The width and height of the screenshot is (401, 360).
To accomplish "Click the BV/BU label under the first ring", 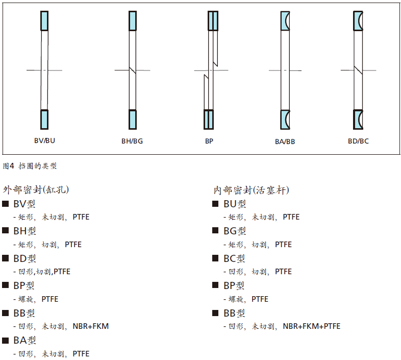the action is pos(45,140).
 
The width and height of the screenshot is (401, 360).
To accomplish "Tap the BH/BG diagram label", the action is pos(132,141).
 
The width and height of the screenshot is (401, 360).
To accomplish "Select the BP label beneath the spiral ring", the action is pos(209,141).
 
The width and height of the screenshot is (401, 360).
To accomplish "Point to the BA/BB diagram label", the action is pos(285,141).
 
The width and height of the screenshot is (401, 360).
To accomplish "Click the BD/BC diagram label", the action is pos(358,141).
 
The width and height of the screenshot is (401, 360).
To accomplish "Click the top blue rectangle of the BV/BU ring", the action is pos(44,21).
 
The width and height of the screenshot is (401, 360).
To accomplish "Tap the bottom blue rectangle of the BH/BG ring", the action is pos(133,119).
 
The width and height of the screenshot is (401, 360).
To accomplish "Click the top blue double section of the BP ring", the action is pos(213,21).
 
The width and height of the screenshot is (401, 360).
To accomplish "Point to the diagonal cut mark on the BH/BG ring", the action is pos(133,70).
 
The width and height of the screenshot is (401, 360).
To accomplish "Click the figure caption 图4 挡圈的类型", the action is pos(30,166).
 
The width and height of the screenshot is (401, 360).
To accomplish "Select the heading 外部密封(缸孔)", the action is pos(36,190).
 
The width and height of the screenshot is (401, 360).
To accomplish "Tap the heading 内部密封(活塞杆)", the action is pos(252,190).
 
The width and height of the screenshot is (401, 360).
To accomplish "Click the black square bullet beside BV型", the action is pos(6,204).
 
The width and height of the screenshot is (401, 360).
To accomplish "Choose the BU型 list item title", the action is pos(235,204).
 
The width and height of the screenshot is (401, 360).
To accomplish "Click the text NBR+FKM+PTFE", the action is pos(312,326).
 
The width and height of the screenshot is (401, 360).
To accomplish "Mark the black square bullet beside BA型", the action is pos(6,340).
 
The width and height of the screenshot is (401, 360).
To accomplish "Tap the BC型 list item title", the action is pos(234,258).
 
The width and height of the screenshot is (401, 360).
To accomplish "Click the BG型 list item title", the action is pos(235,231).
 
